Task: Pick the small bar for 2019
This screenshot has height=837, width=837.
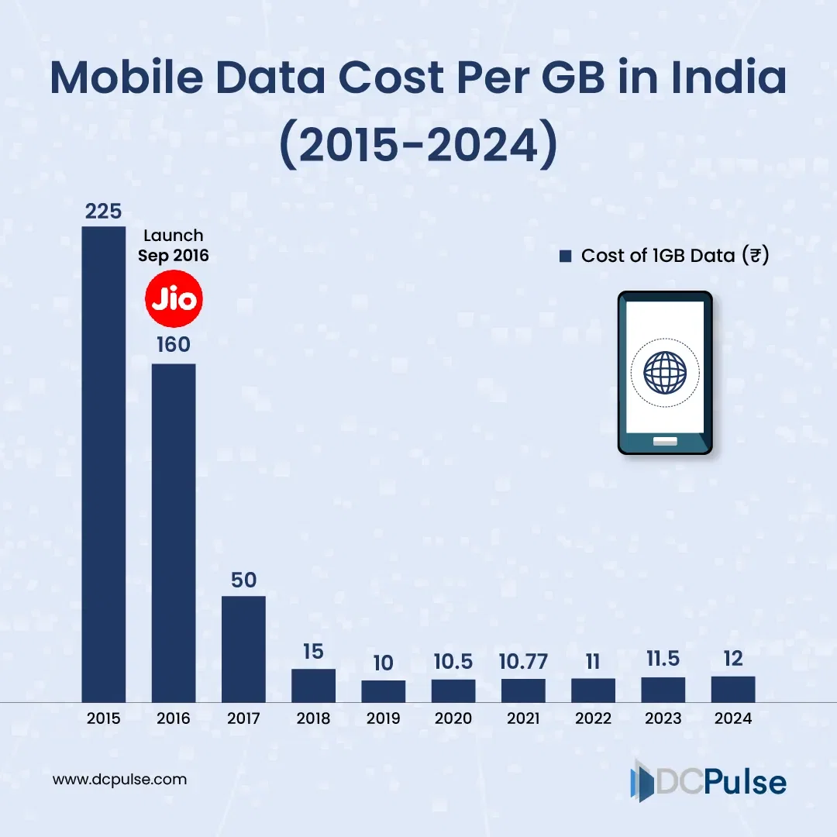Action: tap(384, 691)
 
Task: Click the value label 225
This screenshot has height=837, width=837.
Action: tap(104, 212)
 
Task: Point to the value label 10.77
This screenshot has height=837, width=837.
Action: tap(523, 662)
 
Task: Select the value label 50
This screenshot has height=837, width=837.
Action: tap(243, 580)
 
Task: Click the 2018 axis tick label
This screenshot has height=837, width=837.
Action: tap(313, 718)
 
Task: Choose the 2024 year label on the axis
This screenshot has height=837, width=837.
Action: tap(733, 718)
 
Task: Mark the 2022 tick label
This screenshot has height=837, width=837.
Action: tap(593, 718)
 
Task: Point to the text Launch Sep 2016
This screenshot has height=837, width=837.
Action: tap(174, 245)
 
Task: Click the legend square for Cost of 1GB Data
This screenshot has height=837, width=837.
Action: tap(565, 256)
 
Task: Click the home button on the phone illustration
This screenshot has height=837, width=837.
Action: tap(664, 442)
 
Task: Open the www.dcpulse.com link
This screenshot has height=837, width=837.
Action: tap(119, 780)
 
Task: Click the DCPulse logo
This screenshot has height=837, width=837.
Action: tap(708, 781)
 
